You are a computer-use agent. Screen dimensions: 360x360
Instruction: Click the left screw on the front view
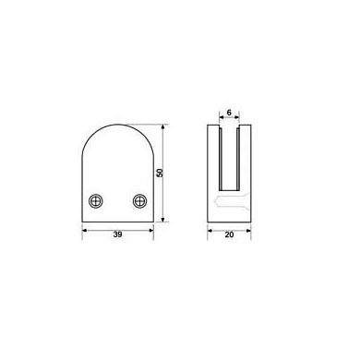tap(96, 201)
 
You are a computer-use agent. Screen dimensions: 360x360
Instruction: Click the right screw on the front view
tap(140, 201)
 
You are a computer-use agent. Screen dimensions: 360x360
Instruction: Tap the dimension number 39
tap(117, 234)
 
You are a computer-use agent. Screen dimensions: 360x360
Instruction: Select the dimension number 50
tap(160, 173)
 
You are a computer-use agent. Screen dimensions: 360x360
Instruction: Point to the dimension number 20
tap(229, 234)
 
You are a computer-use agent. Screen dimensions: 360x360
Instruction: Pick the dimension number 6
tap(229, 113)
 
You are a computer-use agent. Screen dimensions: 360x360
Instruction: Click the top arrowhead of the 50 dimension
tap(163, 127)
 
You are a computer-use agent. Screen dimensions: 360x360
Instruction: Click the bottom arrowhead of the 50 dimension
tap(163, 219)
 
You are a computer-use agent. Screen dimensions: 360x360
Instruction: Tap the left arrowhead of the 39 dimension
tap(85, 230)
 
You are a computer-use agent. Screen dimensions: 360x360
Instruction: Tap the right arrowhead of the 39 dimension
tap(150, 230)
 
